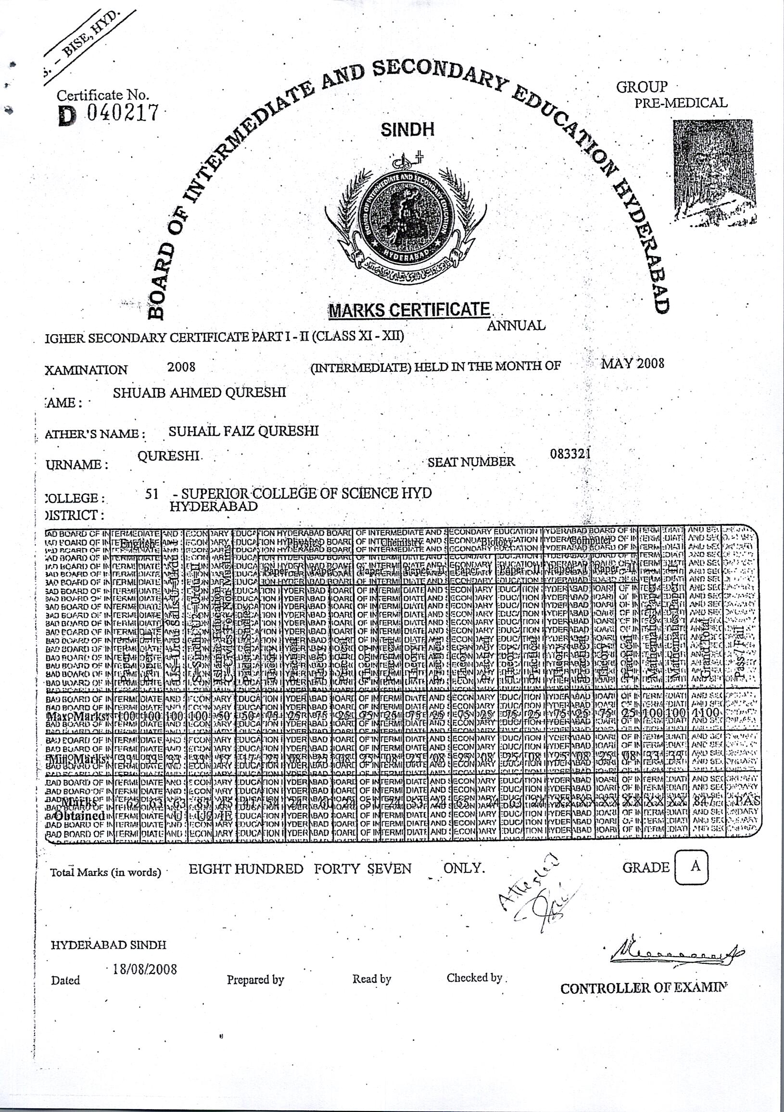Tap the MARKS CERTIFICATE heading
[x=409, y=310]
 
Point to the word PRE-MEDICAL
[x=681, y=103]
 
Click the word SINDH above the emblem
[x=407, y=130]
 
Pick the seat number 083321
[x=570, y=454]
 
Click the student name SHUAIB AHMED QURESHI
[x=200, y=392]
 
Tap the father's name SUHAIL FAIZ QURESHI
[x=243, y=430]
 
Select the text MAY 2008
[x=632, y=363]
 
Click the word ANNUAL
[x=516, y=326]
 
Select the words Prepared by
[x=255, y=980]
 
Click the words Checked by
[x=475, y=977]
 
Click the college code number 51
[x=152, y=493]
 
